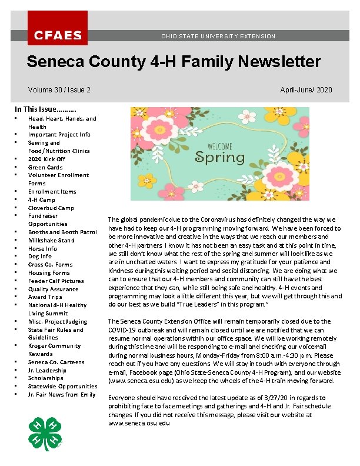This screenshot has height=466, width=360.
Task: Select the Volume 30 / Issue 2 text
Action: point(59,90)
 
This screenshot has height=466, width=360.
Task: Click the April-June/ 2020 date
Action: point(306,90)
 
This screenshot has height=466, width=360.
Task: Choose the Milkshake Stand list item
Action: point(51,240)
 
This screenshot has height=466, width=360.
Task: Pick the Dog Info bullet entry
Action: point(40,257)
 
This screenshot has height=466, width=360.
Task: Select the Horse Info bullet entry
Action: point(43,248)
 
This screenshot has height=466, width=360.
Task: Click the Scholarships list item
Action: point(46,378)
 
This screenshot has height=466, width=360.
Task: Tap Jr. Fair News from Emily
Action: point(62,394)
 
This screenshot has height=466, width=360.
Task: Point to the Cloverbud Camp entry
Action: point(51,208)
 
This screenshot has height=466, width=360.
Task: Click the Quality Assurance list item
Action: point(53,289)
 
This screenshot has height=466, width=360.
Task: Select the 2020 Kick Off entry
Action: point(46,159)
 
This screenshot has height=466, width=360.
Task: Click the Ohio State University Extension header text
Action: point(218,36)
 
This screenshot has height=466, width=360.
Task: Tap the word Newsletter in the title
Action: point(276,62)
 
